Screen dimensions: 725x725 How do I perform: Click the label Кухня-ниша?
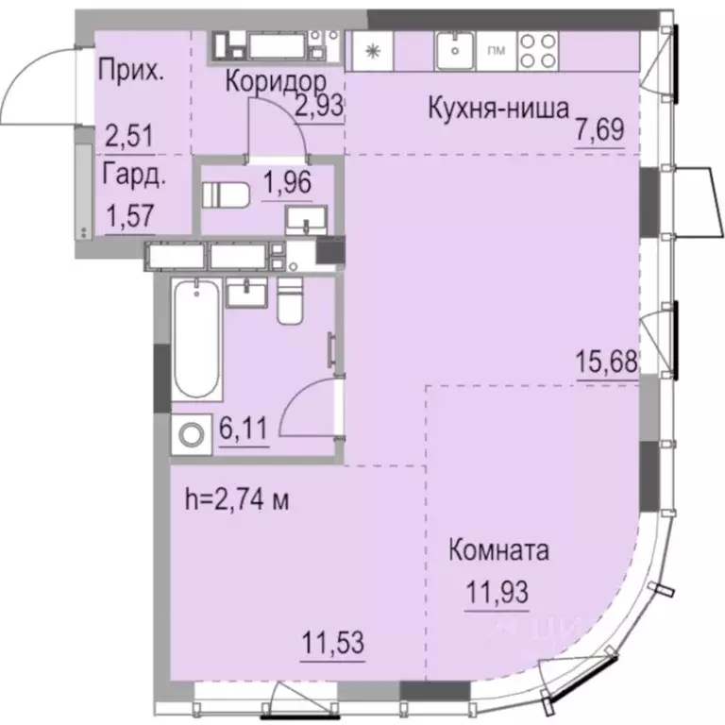tap(497, 109)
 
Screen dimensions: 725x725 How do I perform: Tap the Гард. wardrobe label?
tap(126, 174)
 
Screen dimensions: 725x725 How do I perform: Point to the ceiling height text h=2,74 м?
tap(237, 500)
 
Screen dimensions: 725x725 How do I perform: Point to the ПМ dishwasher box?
tap(494, 50)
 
